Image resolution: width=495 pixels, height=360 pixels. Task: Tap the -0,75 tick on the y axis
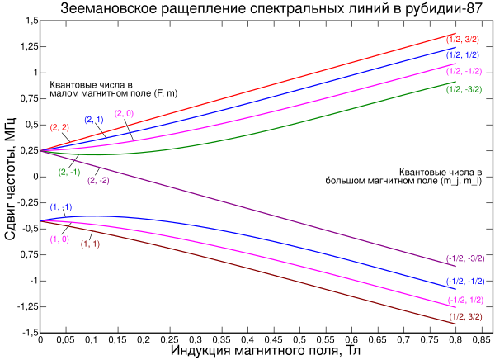pos(25,254)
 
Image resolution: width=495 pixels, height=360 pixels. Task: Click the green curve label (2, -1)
pos(68,172)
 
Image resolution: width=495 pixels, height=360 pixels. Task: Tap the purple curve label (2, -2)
pos(98,180)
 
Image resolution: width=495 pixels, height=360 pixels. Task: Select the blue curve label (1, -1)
pos(61,206)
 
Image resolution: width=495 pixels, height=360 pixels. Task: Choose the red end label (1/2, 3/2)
pos(459,38)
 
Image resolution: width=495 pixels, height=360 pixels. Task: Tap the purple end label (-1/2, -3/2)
pos(464,258)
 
